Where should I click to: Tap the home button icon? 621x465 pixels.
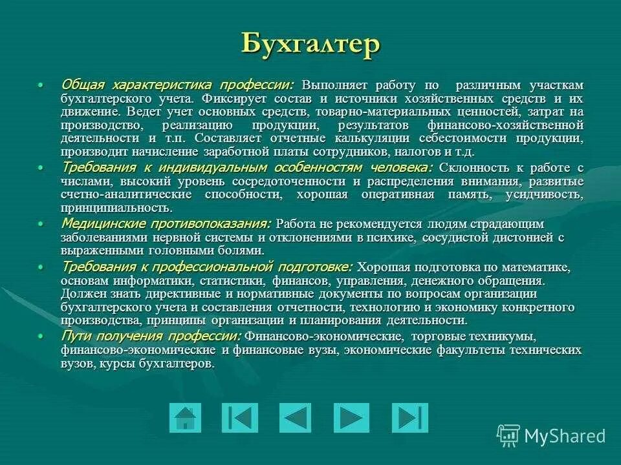click(185, 417)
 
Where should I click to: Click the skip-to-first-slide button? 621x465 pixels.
click(239, 417)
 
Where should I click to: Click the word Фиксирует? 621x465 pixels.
click(232, 99)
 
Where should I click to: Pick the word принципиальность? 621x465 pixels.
click(116, 208)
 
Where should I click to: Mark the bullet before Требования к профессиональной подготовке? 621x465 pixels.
click(41, 267)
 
